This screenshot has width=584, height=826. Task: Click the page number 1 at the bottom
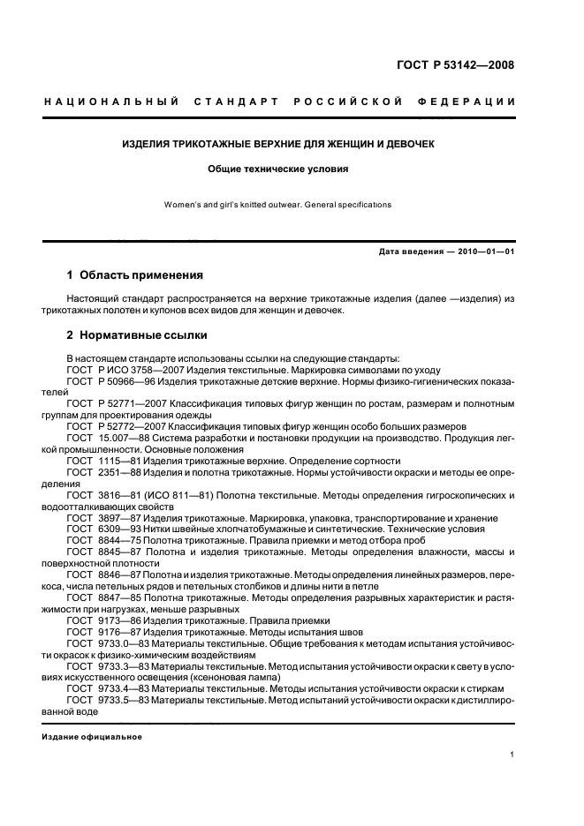point(512,755)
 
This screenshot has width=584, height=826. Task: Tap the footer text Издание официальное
point(92,737)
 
